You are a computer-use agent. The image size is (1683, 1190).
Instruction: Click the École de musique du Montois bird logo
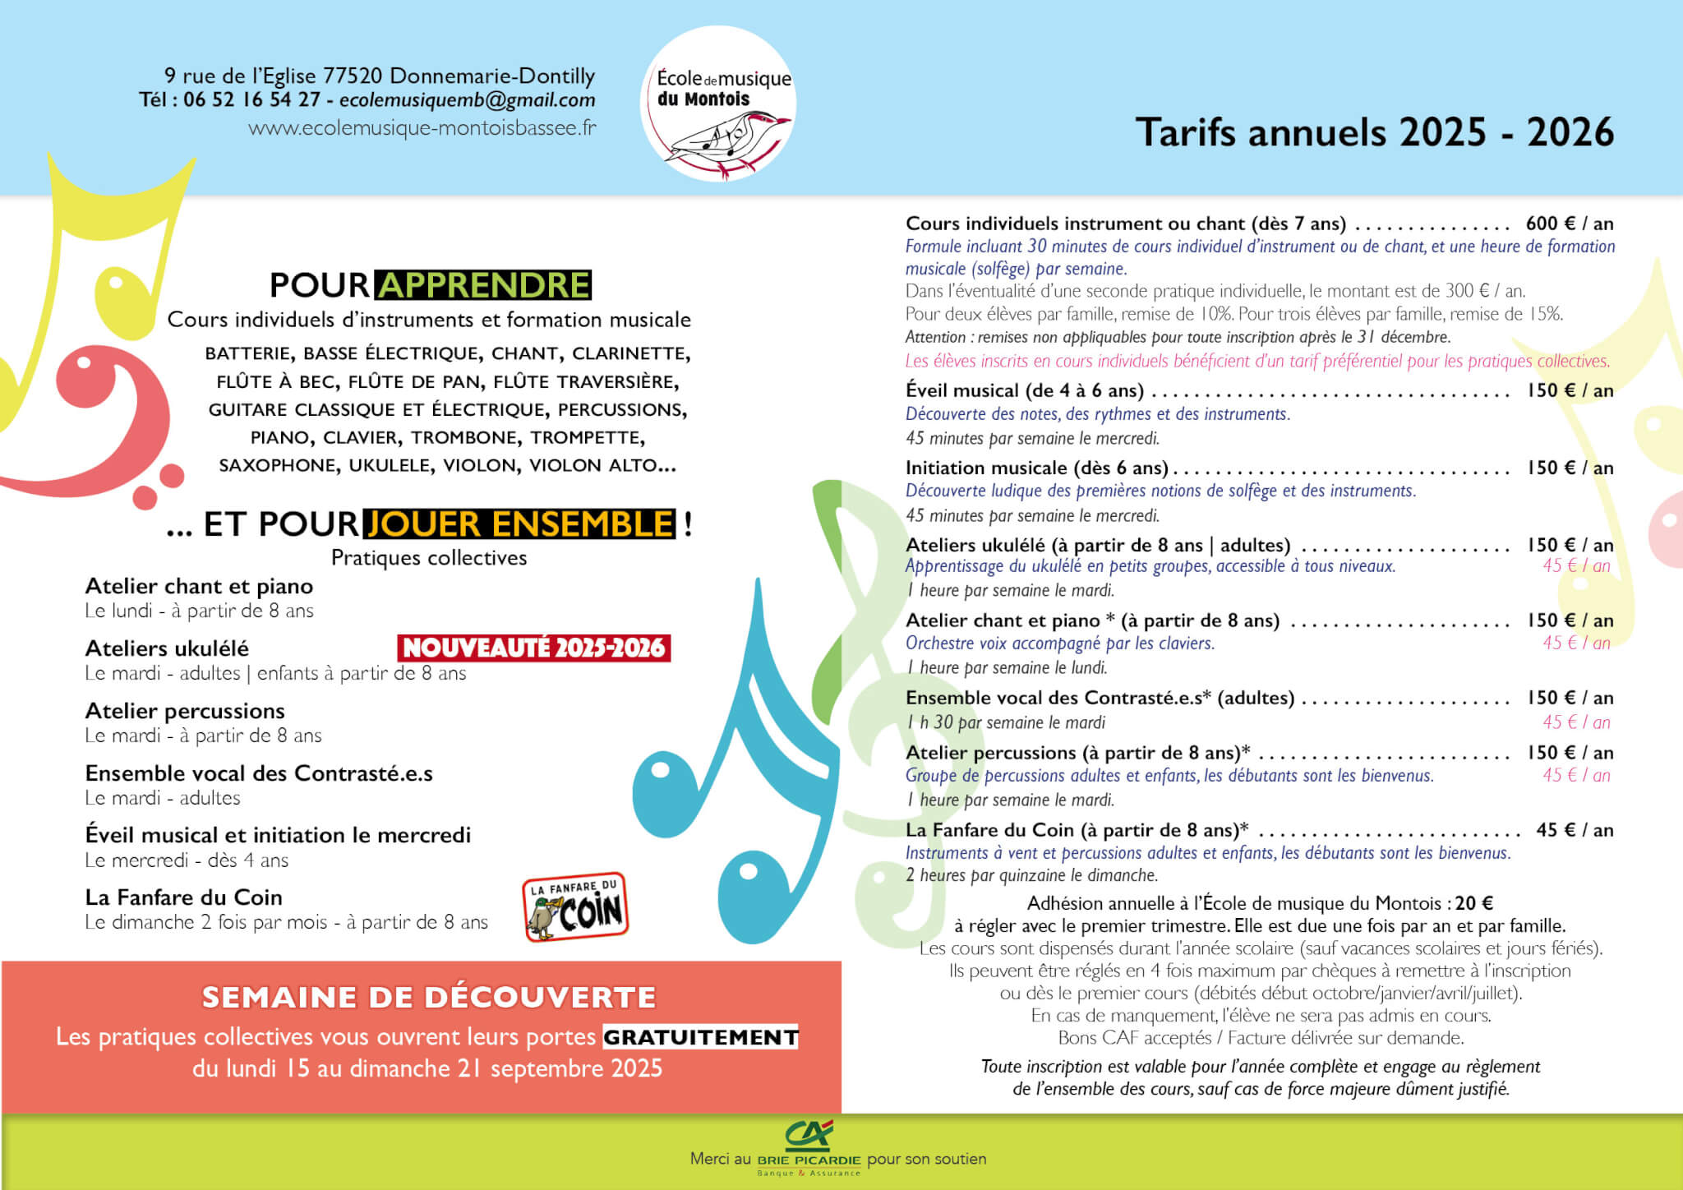717,104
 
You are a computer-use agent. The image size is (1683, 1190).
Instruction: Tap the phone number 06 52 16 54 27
251,100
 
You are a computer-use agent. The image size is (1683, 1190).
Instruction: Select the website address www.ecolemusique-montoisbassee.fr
422,128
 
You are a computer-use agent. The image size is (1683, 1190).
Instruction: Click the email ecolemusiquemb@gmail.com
467,100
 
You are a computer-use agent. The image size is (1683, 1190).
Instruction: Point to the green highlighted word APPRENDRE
483,285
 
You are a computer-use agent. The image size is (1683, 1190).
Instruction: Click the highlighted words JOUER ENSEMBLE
519,524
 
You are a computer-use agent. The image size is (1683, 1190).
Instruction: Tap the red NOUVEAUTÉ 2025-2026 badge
534,648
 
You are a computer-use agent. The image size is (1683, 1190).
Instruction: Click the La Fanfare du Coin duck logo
575,907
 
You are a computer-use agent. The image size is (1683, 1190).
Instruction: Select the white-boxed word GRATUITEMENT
700,1037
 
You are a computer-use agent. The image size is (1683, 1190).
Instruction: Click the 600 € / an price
1570,224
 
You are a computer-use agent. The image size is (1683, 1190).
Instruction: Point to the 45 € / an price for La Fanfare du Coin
1575,830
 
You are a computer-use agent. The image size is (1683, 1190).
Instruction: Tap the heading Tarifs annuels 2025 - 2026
1374,132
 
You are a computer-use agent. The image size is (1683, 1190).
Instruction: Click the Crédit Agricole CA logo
809,1134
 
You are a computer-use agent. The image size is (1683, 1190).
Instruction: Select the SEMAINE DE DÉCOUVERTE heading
429,998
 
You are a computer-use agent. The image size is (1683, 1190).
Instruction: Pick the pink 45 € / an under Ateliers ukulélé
1576,565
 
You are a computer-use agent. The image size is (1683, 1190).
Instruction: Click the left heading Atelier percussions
185,711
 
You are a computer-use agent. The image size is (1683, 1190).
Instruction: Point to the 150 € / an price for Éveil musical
1570,390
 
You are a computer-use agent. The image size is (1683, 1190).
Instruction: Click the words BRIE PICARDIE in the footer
809,1160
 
